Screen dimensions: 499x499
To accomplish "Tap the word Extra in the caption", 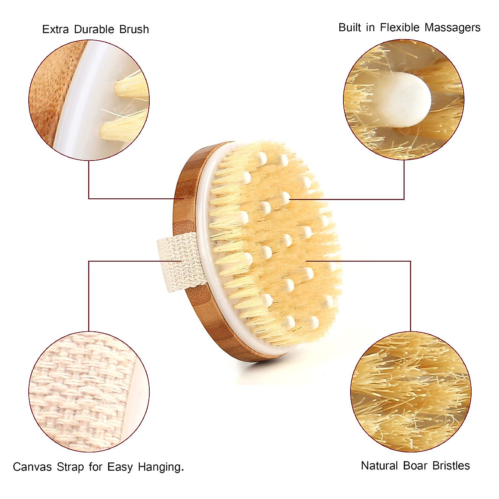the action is click(x=56, y=30).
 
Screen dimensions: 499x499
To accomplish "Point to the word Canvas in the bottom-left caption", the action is click(x=32, y=467).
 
